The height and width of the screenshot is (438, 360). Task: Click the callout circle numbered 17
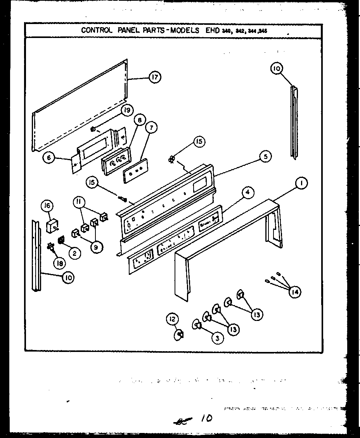[x=154, y=77]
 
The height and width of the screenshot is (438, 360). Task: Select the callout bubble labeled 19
[x=125, y=110]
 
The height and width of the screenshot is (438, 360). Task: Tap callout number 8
[x=137, y=120]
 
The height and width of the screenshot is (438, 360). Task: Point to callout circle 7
[x=151, y=127]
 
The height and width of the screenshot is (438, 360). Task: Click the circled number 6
[x=48, y=158]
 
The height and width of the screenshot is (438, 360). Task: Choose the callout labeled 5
[x=265, y=157]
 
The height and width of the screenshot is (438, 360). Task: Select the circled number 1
[x=301, y=183]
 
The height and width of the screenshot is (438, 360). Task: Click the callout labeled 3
[x=217, y=338]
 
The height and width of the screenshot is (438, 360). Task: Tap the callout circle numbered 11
[x=79, y=202]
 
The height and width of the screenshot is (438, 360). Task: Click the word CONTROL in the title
[x=96, y=31]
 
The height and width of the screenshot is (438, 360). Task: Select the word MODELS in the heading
[x=184, y=31]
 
